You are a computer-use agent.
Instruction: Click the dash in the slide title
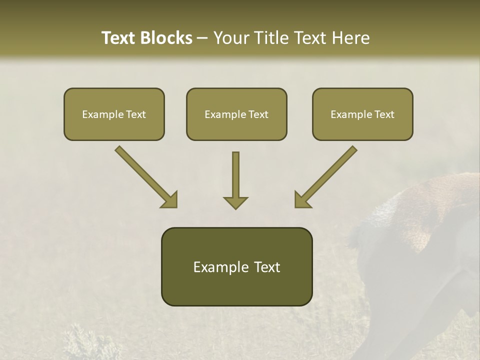pyautogui.click(x=202, y=38)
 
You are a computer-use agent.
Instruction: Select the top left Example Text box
pyautogui.click(x=114, y=114)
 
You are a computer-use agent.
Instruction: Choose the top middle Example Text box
pyautogui.click(x=236, y=114)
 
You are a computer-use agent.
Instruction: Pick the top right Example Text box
pyautogui.click(x=362, y=114)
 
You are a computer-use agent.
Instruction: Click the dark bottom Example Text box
pyautogui.click(x=236, y=266)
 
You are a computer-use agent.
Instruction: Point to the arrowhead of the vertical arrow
pyautogui.click(x=235, y=202)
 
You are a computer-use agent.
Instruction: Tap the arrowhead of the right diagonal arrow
pyautogui.click(x=303, y=199)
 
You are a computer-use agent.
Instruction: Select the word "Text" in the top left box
pyautogui.click(x=135, y=114)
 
